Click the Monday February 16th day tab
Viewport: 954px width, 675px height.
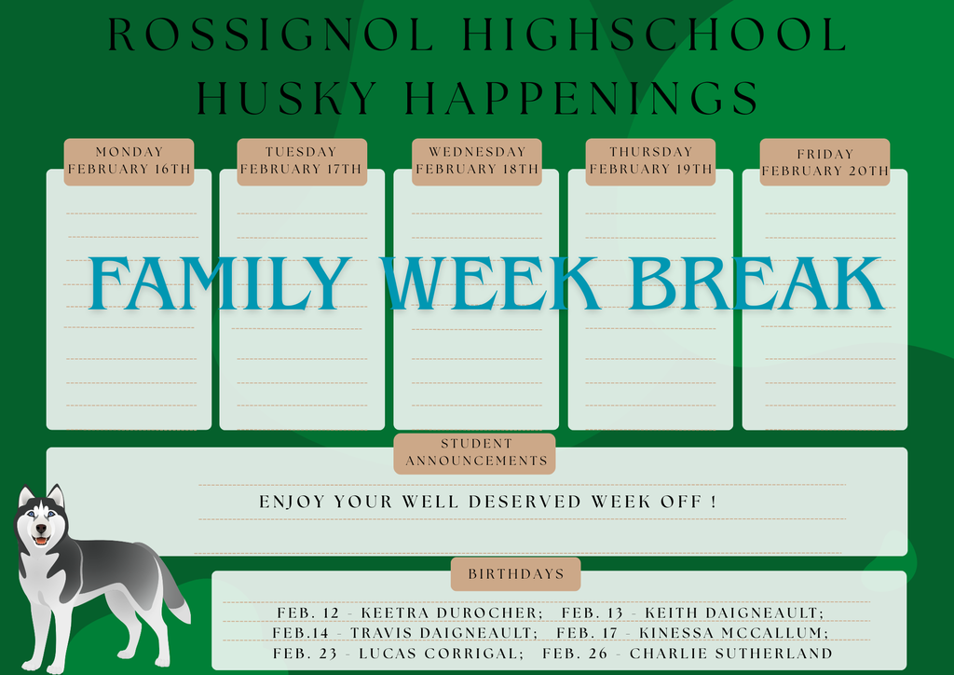click(x=129, y=160)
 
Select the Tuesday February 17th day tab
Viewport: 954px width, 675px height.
click(x=301, y=160)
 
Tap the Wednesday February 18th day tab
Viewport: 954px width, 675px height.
click(x=476, y=160)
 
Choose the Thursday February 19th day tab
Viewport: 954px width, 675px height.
click(x=650, y=160)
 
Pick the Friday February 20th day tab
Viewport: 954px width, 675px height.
click(x=825, y=162)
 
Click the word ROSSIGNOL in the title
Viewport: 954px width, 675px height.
click(x=271, y=34)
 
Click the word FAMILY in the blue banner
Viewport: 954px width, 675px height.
click(x=220, y=283)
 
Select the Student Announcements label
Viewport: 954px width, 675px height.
click(x=475, y=453)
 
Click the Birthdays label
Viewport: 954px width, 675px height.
click(x=515, y=574)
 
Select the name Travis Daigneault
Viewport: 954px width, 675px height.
click(x=443, y=633)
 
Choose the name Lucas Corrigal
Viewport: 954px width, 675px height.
click(x=441, y=654)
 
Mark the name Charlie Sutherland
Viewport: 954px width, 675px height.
click(x=730, y=654)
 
